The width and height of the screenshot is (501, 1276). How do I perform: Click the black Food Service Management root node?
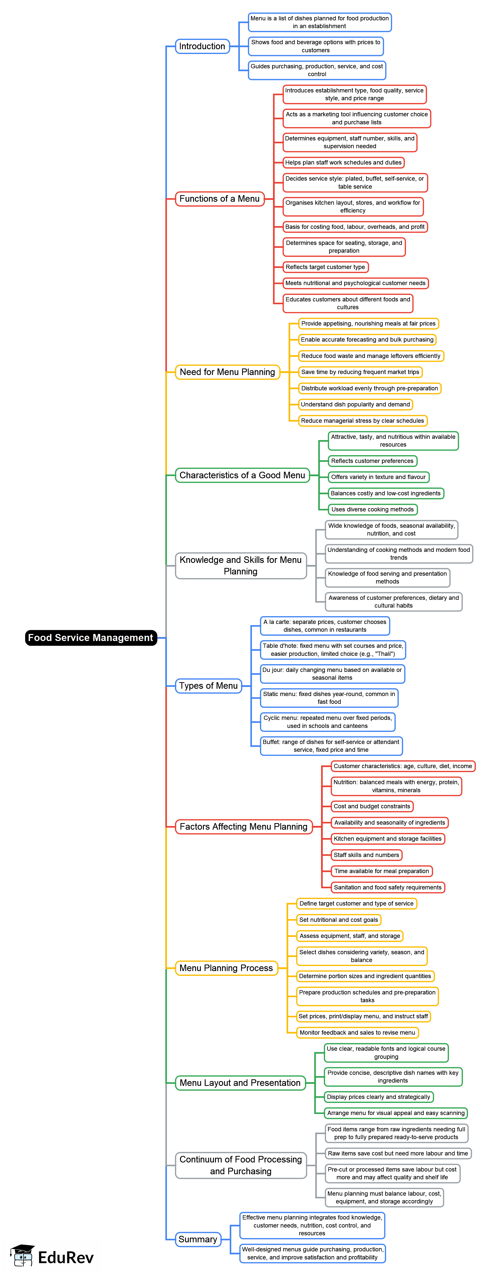click(x=91, y=637)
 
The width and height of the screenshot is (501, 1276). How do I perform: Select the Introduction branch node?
click(x=202, y=46)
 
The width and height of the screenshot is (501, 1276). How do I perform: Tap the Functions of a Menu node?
click(x=219, y=199)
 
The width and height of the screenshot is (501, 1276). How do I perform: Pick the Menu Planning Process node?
click(x=226, y=968)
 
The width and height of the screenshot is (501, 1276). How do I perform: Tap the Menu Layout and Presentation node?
click(x=240, y=1083)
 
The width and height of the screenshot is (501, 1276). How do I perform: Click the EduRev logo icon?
click(x=22, y=1256)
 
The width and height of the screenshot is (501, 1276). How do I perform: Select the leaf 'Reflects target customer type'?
click(x=325, y=267)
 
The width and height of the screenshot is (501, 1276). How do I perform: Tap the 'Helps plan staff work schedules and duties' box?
click(x=343, y=163)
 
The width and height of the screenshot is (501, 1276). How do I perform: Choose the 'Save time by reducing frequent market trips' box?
click(x=360, y=372)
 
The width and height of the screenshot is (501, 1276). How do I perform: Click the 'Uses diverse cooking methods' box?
click(x=373, y=509)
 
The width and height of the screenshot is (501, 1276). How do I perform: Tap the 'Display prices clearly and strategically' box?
click(x=379, y=1097)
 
